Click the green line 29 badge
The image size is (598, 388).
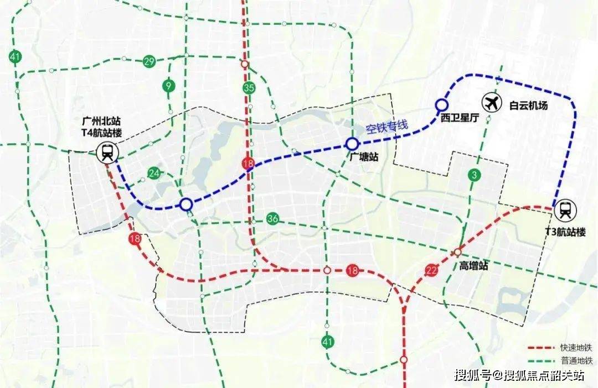click(x=149, y=61)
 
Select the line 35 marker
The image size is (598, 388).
click(x=249, y=87)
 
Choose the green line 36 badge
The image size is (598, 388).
click(x=272, y=218)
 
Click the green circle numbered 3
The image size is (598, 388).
click(x=474, y=176)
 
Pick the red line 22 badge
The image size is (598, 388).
click(x=432, y=270)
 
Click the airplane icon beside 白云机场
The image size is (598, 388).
click(x=491, y=102)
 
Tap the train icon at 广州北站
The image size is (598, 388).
click(x=107, y=152)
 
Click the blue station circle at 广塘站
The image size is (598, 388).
click(x=352, y=144)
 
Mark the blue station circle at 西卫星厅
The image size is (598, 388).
click(x=441, y=104)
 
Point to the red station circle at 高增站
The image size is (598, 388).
click(x=458, y=252)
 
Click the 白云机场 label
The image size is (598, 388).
click(x=529, y=105)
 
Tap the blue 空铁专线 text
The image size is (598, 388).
click(x=386, y=127)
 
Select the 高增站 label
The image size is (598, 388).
click(x=474, y=266)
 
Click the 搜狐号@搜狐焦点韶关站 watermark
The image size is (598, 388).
click(x=519, y=376)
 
